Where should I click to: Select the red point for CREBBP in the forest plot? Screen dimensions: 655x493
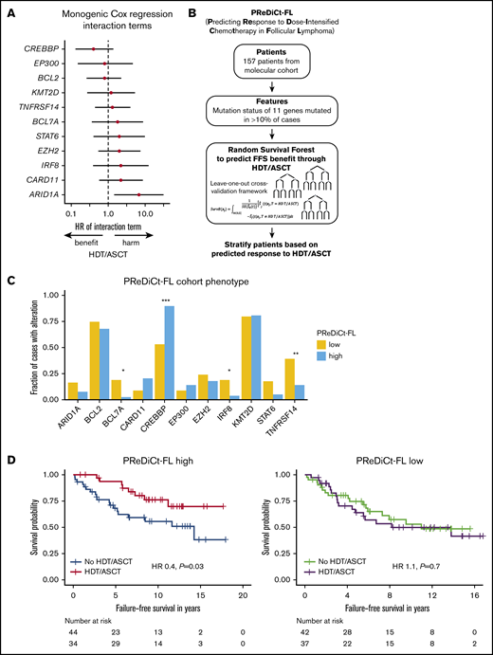tap(93, 48)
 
